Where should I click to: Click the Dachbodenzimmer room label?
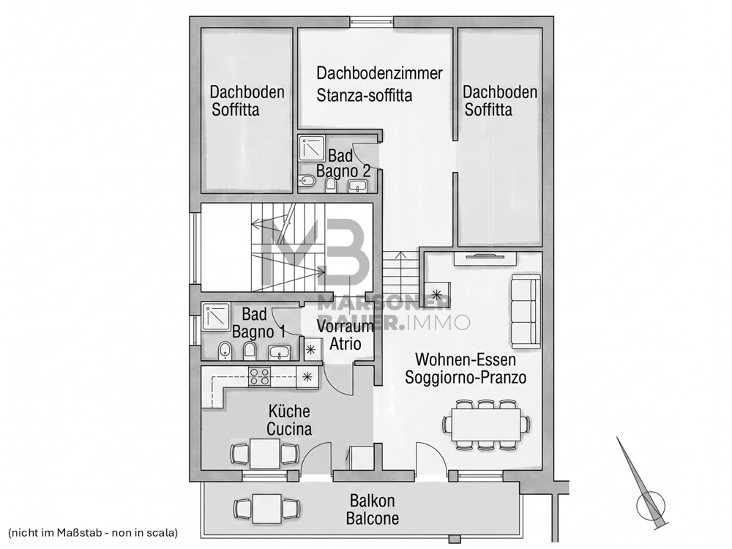point(379,73)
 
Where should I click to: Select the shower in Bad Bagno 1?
point(216,317)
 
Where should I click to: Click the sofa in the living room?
point(526,311)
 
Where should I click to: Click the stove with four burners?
point(259,377)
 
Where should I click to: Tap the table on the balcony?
point(266,508)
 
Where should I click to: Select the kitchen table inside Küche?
point(265,453)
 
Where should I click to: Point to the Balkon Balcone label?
point(373,509)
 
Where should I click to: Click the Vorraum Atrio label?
point(346,335)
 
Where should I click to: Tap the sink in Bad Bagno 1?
point(279,353)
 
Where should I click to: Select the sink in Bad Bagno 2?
point(358,186)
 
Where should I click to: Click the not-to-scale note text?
point(94,532)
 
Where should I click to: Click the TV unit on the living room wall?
point(484,258)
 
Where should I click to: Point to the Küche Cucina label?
point(289,420)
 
